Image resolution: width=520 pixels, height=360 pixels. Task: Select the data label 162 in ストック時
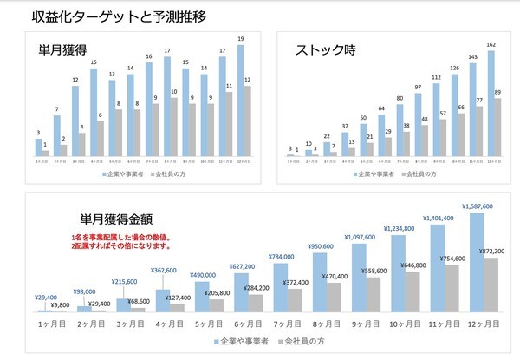pyautogui.click(x=491, y=44)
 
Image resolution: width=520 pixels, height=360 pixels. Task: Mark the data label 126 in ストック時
pyautogui.click(x=454, y=67)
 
